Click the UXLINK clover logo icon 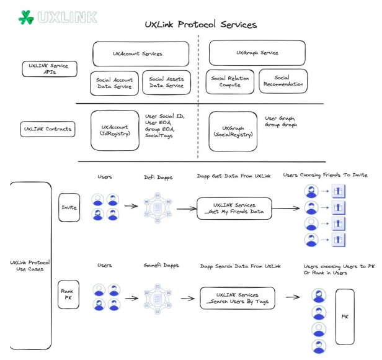pos(26,17)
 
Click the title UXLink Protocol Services pos(200,25)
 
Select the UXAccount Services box pos(141,54)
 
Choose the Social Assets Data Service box pos(166,82)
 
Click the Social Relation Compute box pos(230,81)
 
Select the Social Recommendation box pos(283,81)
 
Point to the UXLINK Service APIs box pos(50,69)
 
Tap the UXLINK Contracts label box pos(47,129)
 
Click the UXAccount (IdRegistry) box pos(114,130)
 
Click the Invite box pos(69,207)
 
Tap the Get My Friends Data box pos(234,208)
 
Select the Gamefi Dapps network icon pos(158,297)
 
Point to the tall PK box pos(345,316)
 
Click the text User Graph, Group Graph pos(281,121)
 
